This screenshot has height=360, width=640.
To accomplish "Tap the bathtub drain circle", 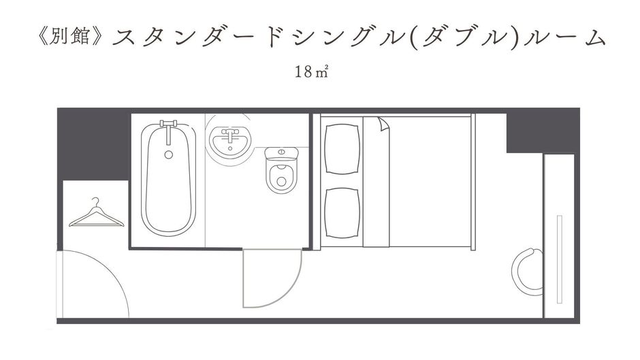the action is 169,154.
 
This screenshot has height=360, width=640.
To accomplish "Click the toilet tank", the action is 282,153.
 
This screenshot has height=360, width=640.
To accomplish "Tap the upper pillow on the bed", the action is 342,149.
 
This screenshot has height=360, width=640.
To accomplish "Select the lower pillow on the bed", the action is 342,212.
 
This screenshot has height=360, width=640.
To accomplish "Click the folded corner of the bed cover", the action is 384,124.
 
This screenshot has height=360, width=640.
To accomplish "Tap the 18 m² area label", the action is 311,72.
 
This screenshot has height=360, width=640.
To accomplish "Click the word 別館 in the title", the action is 70,37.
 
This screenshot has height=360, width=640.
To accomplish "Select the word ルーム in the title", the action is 564,37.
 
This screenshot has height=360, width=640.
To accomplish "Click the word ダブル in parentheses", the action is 466,38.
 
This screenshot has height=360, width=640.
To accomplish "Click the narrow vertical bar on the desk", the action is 559,259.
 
